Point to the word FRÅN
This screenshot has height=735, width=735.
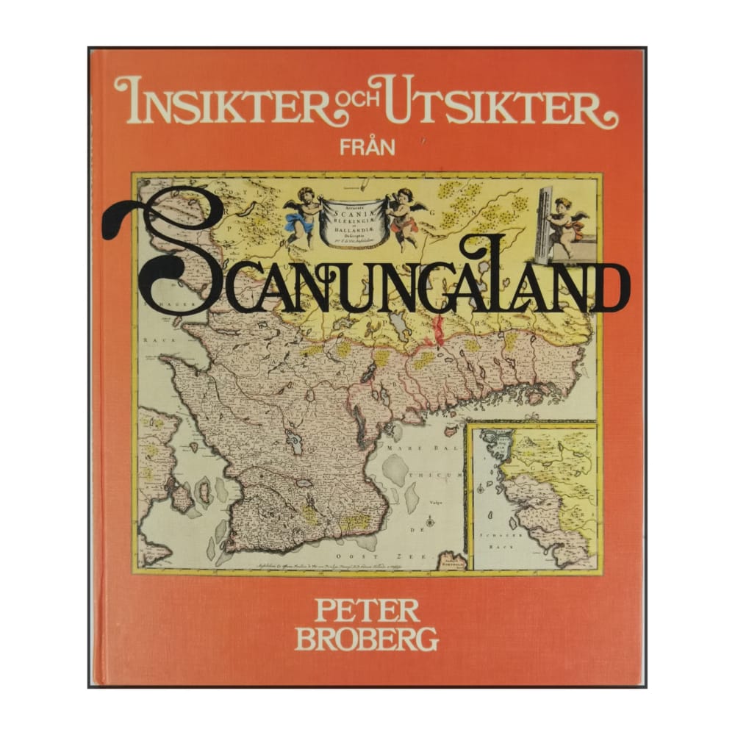coord(368,146)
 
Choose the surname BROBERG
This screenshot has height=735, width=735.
coord(367,639)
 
